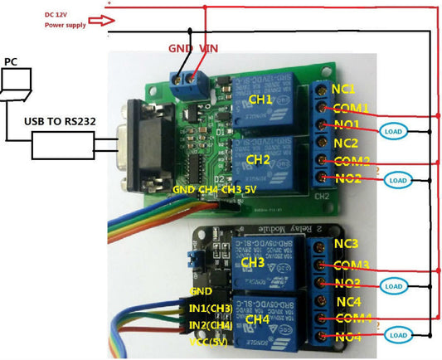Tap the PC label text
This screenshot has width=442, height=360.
11,61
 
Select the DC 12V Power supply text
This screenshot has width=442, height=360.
65,20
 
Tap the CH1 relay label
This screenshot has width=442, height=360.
260,100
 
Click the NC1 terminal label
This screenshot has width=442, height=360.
343,89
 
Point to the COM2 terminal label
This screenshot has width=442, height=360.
350,161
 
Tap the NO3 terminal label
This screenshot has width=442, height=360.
346,284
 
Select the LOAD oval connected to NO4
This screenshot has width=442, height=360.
396,335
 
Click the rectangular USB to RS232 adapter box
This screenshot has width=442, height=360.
62,148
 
